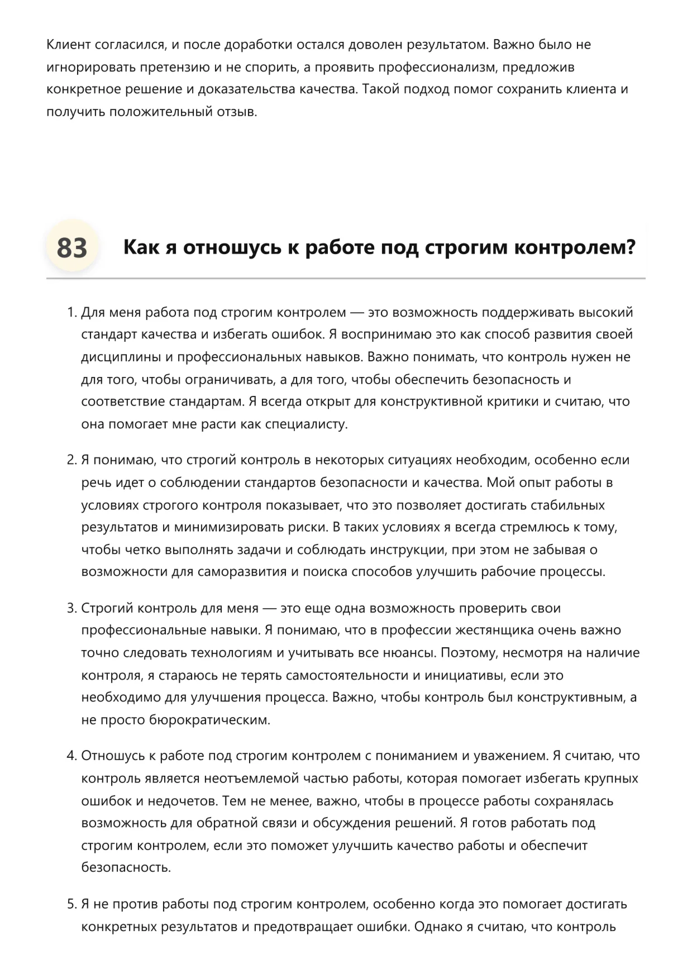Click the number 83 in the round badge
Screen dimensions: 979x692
click(72, 247)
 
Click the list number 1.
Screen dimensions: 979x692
click(71, 312)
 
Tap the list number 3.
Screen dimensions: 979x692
click(71, 608)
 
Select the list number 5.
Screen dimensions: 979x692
click(71, 904)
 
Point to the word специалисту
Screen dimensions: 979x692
click(306, 424)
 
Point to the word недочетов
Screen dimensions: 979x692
click(182, 801)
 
